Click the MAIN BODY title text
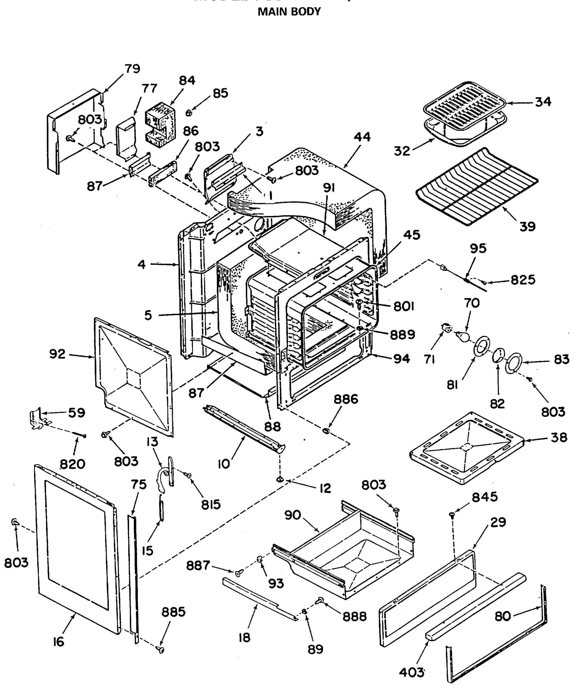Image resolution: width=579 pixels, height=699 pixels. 289,12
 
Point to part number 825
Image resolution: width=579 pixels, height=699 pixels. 523,280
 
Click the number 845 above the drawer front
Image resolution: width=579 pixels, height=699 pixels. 484,497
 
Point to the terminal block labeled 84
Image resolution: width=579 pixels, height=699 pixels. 160,125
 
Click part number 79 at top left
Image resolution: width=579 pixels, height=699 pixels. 132,69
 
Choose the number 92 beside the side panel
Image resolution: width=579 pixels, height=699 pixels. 58,354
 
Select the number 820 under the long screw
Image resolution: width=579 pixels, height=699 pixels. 72,464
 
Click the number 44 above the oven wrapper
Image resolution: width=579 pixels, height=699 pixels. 362,137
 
